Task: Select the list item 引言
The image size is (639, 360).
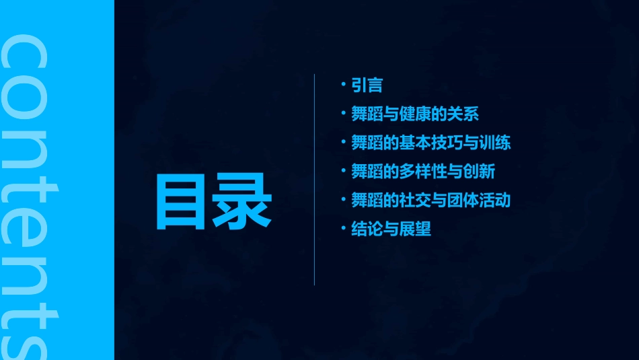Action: [367, 85]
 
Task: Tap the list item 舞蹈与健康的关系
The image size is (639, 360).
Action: [415, 114]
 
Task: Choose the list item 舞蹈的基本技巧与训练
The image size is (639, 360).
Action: [430, 143]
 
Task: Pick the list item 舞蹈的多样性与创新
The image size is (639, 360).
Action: [423, 172]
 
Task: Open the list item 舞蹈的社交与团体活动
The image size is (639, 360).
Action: [430, 201]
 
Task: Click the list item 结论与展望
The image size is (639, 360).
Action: [391, 229]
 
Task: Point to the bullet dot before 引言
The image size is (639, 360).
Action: [344, 85]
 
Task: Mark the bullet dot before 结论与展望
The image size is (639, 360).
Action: [344, 229]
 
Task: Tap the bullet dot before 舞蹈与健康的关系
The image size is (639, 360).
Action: [344, 113]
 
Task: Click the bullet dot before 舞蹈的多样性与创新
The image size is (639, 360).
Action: [344, 171]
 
